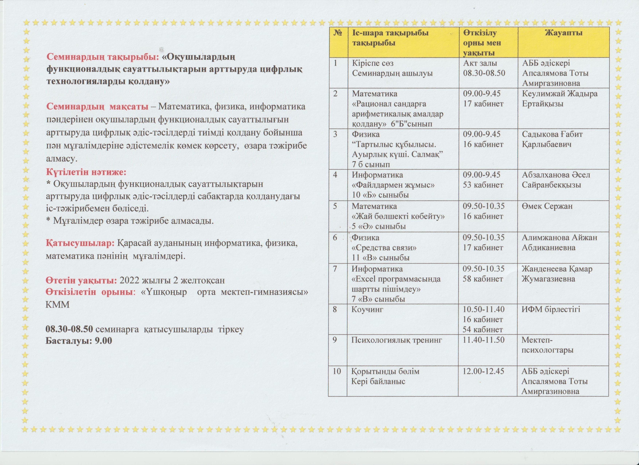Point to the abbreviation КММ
57,305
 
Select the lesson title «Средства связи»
384,248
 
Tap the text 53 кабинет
483,185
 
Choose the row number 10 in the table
337,371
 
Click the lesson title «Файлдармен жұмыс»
393,185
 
